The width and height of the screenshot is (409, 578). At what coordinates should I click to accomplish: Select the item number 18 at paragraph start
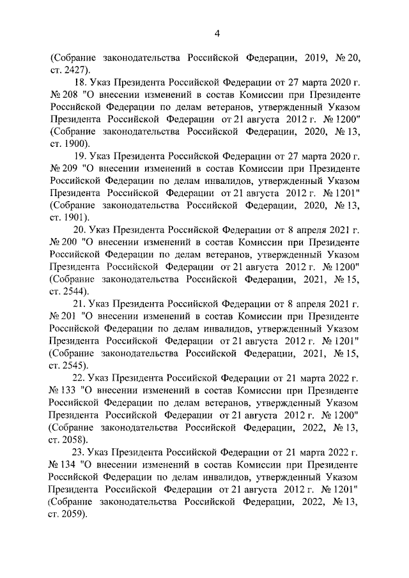81,82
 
